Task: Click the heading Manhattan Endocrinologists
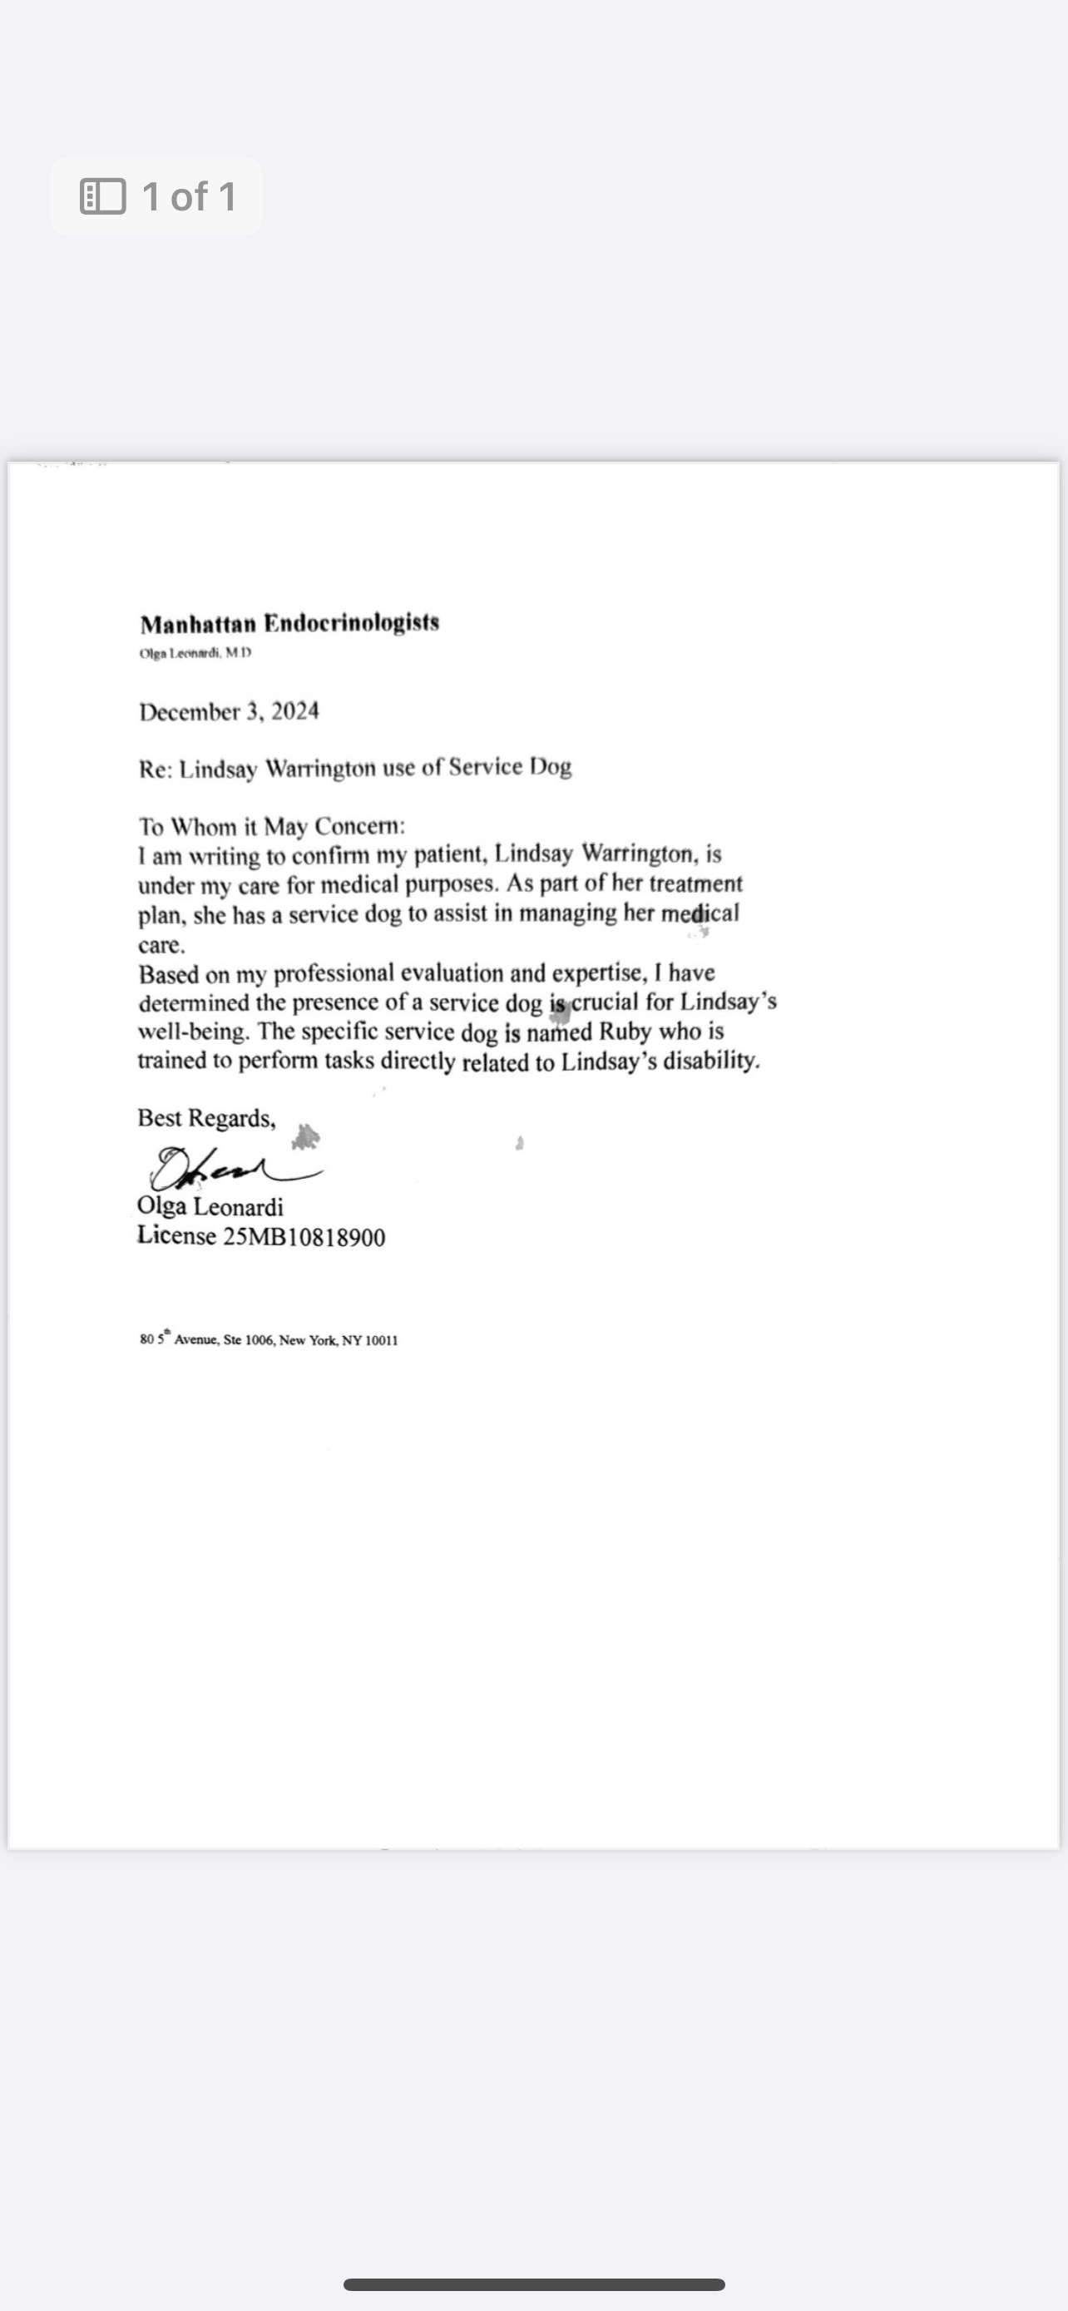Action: point(289,623)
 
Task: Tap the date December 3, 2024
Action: point(229,712)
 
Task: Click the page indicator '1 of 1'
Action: point(189,196)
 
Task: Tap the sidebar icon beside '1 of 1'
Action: point(103,196)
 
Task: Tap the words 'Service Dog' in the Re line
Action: point(509,768)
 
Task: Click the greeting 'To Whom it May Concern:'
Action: point(272,826)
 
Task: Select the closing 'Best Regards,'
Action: point(206,1119)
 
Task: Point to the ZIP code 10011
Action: point(382,1340)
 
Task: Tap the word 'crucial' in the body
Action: point(605,1002)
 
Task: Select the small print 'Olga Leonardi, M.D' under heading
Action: point(195,653)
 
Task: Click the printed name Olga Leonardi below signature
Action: point(210,1206)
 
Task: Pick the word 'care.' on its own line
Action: point(161,946)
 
